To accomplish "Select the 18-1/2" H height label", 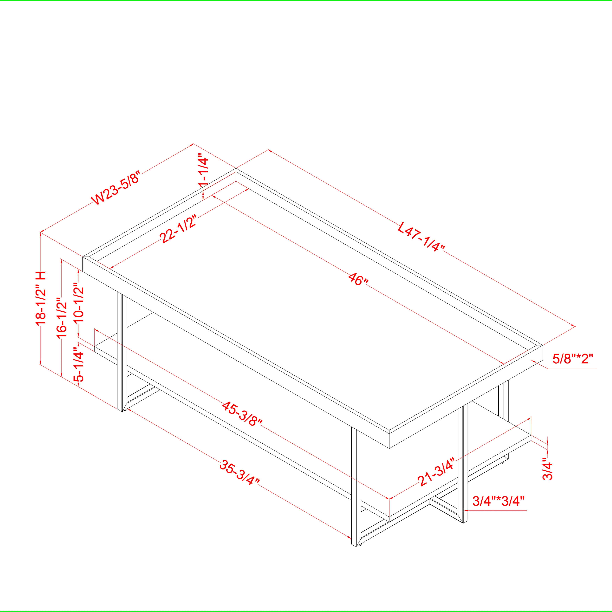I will [41, 298].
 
